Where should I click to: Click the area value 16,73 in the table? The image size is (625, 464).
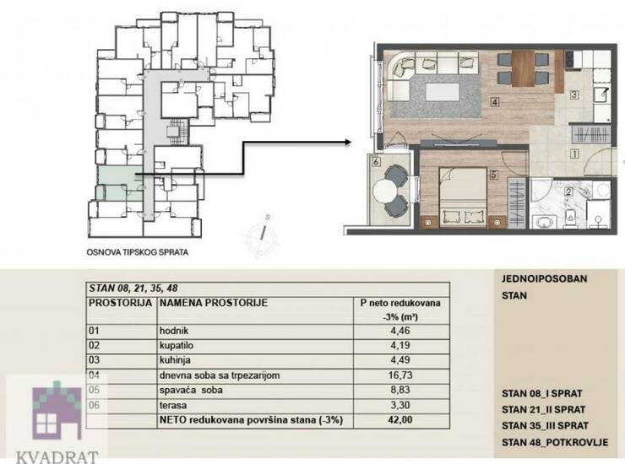click(400, 375)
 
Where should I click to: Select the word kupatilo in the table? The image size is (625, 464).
click(177, 345)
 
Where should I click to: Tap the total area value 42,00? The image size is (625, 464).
click(400, 420)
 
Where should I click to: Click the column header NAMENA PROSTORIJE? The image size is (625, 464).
click(213, 303)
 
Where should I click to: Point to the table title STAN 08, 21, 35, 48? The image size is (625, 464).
click(133, 288)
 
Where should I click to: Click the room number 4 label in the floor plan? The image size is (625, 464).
click(495, 102)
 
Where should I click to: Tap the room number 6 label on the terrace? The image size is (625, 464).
click(376, 162)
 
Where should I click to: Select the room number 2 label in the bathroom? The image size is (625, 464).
click(568, 192)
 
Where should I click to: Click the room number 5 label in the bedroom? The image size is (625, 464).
click(494, 175)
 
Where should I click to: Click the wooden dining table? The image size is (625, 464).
click(523, 68)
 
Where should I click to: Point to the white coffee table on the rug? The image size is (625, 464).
click(443, 92)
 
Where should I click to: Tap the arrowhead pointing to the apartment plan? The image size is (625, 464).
click(348, 143)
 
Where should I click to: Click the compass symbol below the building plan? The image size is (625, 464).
click(261, 236)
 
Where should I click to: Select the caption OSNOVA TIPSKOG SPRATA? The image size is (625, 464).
click(138, 252)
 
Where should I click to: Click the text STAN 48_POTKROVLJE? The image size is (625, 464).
click(555, 442)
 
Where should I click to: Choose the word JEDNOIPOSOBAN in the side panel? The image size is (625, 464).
click(545, 278)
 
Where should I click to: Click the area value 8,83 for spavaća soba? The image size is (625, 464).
click(400, 390)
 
